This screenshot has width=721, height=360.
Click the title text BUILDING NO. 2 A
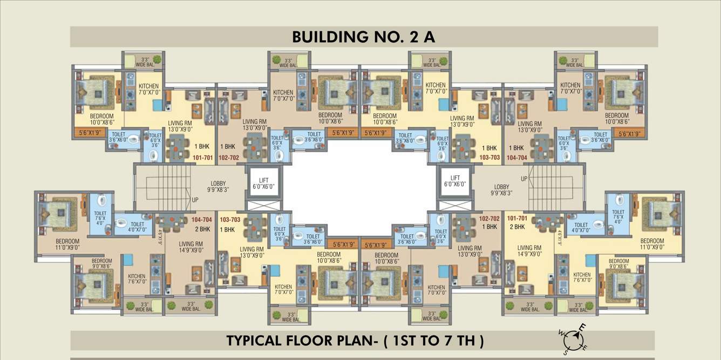point(363,37)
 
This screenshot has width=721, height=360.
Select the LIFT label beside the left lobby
point(264,181)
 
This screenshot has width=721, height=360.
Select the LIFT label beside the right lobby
point(455,181)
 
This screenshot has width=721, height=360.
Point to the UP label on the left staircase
point(195,200)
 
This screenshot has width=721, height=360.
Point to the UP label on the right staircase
point(524,178)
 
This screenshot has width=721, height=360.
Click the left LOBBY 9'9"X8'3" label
point(219,187)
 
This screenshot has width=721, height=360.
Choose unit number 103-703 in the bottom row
point(230,220)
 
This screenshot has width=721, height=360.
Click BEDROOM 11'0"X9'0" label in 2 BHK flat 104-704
point(67,244)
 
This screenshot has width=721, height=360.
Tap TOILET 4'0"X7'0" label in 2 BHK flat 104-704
point(138,227)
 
